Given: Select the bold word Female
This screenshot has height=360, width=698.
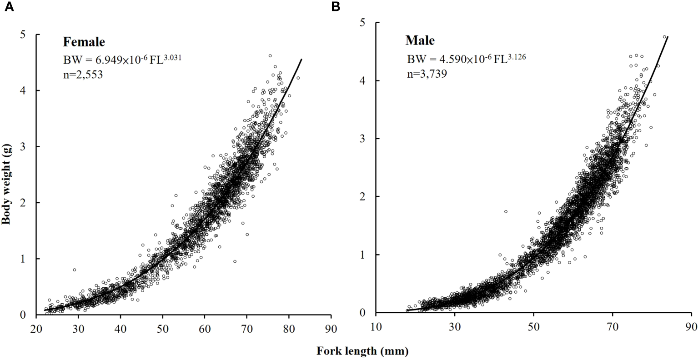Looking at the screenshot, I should [x=84, y=42].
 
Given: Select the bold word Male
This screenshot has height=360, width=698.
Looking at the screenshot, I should [x=420, y=41].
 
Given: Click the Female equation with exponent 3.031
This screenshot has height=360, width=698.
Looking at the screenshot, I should [x=122, y=59].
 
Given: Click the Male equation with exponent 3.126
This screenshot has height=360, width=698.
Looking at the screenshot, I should [x=466, y=59].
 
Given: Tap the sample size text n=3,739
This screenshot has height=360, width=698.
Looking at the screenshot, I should [x=426, y=74].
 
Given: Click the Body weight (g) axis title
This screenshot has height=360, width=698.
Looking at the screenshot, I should [x=6, y=175].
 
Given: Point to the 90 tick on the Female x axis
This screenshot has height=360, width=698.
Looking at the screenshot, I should [x=331, y=328].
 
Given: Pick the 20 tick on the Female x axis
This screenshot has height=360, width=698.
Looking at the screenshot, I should [x=36, y=328].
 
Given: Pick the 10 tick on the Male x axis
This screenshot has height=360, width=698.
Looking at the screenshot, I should [x=376, y=326].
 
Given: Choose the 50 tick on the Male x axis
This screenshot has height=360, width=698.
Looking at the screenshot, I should [x=534, y=326].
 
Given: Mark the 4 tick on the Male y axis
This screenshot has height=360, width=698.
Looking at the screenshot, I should [x=363, y=80].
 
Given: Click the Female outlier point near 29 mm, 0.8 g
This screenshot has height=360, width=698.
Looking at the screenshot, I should [x=75, y=270].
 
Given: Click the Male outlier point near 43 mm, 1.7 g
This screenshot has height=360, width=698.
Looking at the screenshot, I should [x=506, y=211].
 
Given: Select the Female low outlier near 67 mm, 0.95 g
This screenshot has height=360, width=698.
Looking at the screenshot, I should [x=235, y=261].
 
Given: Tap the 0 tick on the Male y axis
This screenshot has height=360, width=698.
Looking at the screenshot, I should [x=363, y=313].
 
